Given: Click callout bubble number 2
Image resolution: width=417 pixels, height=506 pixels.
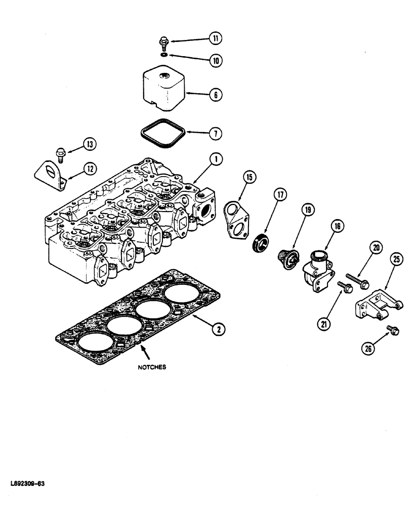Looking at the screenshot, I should click(218, 329).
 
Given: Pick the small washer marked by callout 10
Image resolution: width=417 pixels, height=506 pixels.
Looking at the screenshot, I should click(164, 54).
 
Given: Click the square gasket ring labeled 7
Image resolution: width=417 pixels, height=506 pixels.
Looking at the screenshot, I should click(162, 134).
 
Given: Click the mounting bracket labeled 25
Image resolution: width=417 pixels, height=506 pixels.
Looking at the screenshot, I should click(377, 308).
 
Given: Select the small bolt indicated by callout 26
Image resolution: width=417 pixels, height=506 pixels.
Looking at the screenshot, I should click(393, 330).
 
